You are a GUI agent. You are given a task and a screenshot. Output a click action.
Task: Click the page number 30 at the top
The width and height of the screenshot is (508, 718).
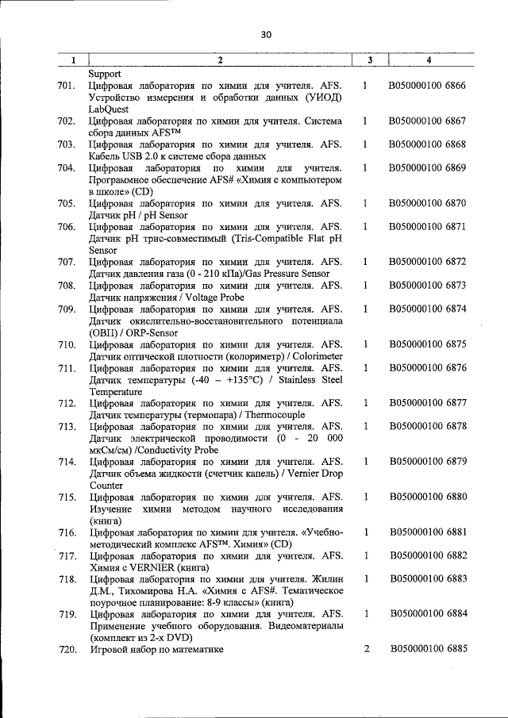265,34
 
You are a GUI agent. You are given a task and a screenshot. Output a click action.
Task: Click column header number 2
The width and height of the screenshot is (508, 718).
220,60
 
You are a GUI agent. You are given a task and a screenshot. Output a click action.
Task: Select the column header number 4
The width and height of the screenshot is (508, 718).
428,60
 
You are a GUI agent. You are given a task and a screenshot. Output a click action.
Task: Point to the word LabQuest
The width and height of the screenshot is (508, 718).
110,109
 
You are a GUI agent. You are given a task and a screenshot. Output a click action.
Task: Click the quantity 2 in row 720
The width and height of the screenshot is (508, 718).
367,649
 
